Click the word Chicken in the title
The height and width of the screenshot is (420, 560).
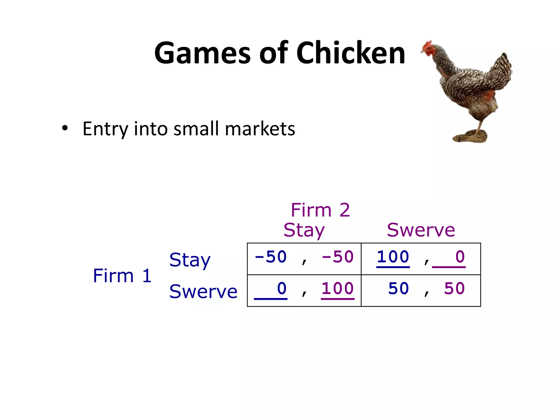[x=351, y=53]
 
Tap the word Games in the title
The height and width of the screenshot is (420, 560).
[x=202, y=53]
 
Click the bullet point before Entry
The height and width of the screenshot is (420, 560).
[x=65, y=128]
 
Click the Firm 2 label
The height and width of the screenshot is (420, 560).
[x=320, y=210]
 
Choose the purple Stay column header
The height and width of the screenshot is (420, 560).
[x=304, y=230]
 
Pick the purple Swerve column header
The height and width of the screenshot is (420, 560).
[x=421, y=230]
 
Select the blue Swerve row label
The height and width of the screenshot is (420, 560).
[x=203, y=291]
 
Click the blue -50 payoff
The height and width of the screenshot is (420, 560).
[x=271, y=257]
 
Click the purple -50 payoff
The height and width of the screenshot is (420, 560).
[x=338, y=257]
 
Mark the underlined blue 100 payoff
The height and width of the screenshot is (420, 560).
[x=393, y=257]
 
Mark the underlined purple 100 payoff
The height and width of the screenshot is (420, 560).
[x=338, y=289]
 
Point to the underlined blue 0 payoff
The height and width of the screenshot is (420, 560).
[x=282, y=289]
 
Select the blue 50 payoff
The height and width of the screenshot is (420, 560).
[x=398, y=289]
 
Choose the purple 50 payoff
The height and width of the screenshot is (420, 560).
[x=454, y=289]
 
